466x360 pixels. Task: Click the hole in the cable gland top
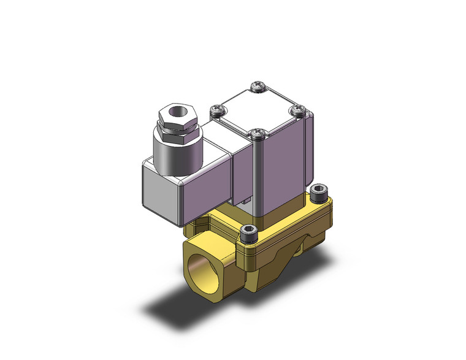177,114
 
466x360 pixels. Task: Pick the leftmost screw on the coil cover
215,110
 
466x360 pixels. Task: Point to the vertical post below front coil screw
258,178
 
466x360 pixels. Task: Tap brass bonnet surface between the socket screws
288,218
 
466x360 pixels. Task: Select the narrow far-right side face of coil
310,153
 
